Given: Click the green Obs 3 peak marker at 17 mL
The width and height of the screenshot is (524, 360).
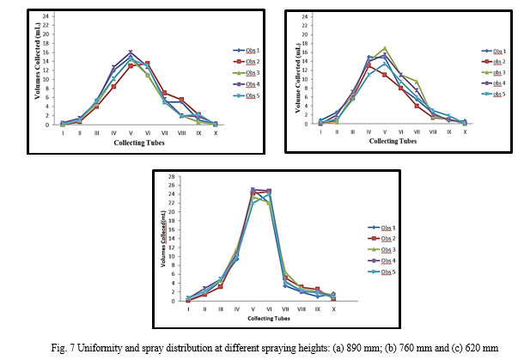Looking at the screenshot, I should pyautogui.click(x=385, y=48).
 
